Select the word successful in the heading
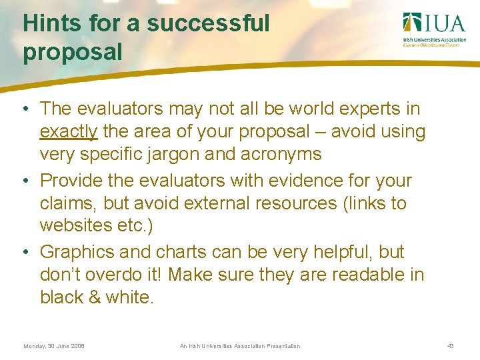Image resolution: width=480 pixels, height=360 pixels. click(x=208, y=23)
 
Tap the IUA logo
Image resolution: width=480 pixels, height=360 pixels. click(x=434, y=29)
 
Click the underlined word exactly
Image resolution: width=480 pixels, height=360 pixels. click(x=69, y=132)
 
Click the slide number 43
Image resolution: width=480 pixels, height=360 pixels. click(x=451, y=346)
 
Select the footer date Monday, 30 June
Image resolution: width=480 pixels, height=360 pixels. click(x=54, y=346)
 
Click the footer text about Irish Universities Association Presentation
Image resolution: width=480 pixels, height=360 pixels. click(x=240, y=346)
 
